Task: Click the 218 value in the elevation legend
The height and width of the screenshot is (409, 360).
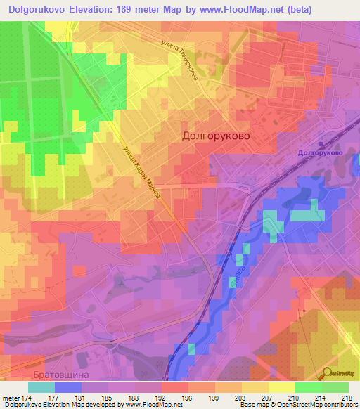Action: pyautogui.click(x=347, y=398)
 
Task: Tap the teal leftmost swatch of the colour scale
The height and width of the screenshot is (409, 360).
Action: pyautogui.click(x=41, y=387)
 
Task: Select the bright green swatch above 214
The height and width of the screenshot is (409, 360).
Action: pyautogui.click(x=308, y=387)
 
